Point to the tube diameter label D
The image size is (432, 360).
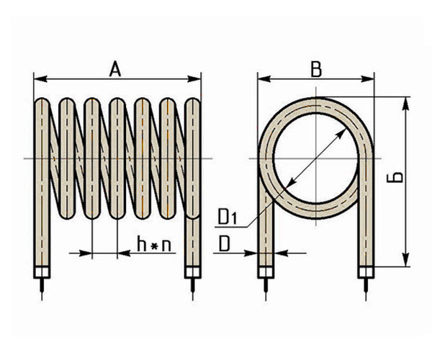[225, 245]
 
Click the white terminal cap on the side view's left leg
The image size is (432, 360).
[42, 273]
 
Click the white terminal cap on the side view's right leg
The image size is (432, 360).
[192, 273]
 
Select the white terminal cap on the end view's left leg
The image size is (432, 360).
[266, 273]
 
